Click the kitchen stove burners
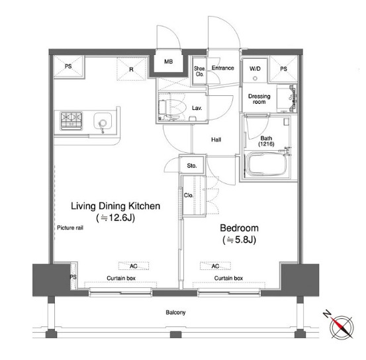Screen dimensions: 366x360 click(71, 121)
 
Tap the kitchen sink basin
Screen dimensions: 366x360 click(103, 122)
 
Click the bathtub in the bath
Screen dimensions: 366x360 click(266, 164)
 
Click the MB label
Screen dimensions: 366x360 click(169, 62)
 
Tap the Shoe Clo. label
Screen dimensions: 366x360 click(199, 71)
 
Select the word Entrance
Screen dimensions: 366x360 click(222, 68)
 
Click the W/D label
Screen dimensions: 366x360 click(255, 69)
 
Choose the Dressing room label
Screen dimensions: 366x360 click(259, 99)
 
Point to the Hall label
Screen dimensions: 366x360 click(216, 140)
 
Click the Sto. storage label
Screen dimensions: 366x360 click(192, 165)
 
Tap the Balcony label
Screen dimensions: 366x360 click(175, 312)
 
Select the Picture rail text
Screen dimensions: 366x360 click(70, 228)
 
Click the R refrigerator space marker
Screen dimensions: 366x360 click(131, 69)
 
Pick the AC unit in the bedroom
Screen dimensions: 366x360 click(215, 266)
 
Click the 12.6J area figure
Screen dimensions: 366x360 click(116, 218)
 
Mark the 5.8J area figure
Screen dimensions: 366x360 click(239, 240)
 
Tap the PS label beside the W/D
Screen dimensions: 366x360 click(283, 69)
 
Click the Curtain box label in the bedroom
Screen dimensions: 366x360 click(228, 278)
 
